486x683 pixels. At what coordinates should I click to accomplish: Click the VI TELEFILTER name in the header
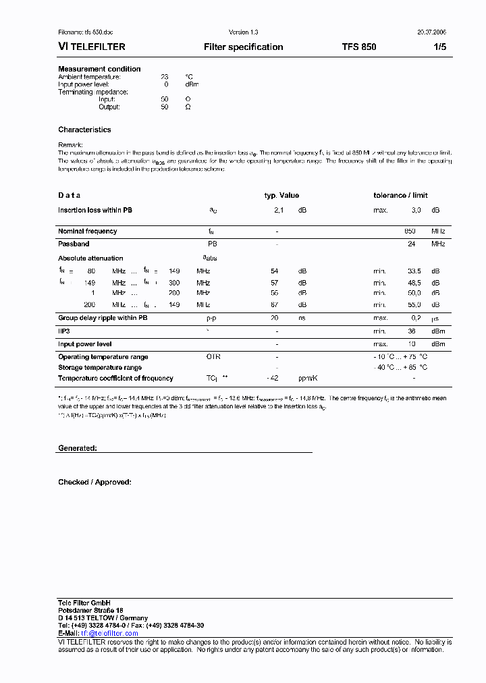point(92,47)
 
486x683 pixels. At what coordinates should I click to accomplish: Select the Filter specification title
point(243,47)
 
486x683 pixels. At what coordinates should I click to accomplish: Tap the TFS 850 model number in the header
point(359,47)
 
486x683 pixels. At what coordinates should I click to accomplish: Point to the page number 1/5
point(439,47)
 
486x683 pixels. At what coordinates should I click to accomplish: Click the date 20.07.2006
point(431,32)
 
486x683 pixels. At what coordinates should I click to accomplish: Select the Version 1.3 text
point(244,32)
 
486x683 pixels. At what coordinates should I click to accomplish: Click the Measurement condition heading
point(99,69)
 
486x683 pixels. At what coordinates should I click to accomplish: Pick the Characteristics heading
point(84,130)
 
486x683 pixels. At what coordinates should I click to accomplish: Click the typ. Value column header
point(281,196)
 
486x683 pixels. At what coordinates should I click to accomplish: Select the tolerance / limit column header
point(400,196)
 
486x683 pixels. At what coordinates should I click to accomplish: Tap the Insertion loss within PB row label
point(95,211)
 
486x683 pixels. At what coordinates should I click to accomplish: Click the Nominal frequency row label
point(87,231)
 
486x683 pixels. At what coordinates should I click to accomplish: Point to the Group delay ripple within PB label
point(103,318)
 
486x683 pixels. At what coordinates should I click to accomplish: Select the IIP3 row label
point(64,331)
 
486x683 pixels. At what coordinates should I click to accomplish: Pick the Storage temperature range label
point(100,368)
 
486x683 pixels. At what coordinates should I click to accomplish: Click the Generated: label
point(78,448)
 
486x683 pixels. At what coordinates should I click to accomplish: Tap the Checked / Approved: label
point(94,483)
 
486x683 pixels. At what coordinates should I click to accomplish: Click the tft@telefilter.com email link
point(109,634)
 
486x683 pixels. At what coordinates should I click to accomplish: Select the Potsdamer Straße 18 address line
point(90,610)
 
